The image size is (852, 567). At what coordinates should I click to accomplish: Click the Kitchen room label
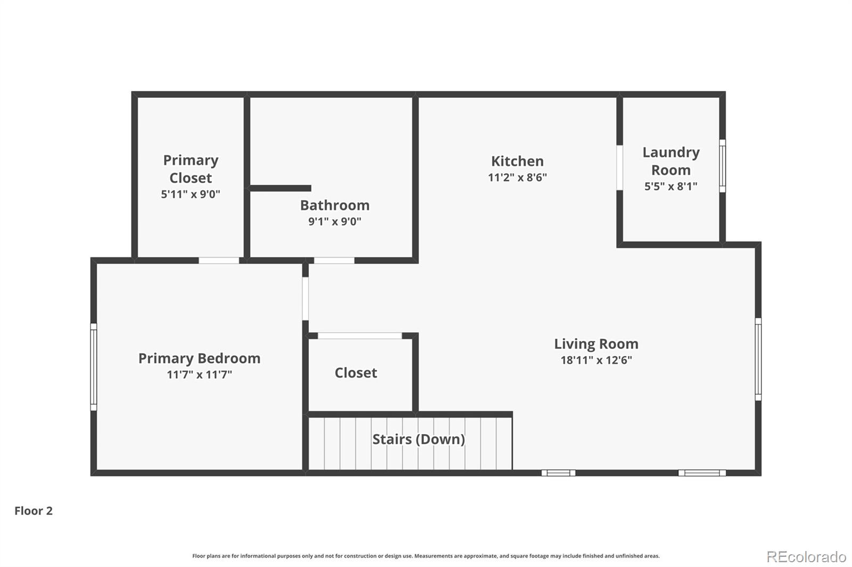click(517, 161)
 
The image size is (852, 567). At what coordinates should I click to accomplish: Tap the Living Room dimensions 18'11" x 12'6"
click(596, 360)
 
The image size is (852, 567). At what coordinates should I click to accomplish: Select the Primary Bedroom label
click(199, 358)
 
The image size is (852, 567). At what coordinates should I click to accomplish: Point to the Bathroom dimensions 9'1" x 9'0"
click(335, 221)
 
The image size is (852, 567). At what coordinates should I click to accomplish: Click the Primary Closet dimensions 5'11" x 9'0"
click(191, 194)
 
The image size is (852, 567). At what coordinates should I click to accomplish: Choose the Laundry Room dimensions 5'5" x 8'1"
click(671, 186)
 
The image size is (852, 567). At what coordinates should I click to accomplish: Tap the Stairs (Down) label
click(419, 439)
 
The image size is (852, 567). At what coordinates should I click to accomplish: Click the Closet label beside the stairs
click(356, 373)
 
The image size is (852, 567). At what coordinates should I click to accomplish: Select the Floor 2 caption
click(34, 511)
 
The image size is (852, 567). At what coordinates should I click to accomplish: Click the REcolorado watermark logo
click(806, 557)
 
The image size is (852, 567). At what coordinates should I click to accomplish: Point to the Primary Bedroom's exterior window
click(94, 366)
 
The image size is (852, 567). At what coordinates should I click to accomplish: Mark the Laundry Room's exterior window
click(722, 166)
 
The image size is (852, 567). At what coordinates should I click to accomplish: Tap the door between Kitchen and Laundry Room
click(620, 168)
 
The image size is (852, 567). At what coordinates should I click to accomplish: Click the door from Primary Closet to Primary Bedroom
click(219, 260)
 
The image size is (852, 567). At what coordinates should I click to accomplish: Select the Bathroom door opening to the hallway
click(334, 260)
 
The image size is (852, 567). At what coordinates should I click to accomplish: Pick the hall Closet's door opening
click(360, 336)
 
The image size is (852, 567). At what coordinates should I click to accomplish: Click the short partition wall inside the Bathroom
click(280, 188)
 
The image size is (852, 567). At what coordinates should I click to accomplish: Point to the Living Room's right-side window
click(758, 359)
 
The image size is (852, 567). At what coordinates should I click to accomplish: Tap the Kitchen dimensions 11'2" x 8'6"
click(517, 177)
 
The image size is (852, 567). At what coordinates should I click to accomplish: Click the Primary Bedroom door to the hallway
click(306, 299)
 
